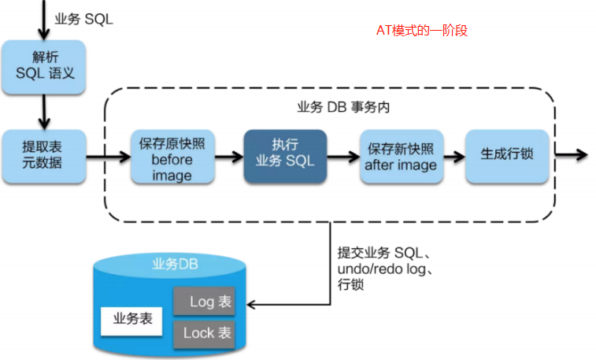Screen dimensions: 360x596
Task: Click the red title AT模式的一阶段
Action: [421, 31]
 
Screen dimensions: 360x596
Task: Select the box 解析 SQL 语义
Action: [43, 67]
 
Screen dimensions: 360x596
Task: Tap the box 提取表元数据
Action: [43, 154]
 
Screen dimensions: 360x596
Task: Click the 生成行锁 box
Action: [506, 153]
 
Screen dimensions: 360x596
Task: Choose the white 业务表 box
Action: [131, 320]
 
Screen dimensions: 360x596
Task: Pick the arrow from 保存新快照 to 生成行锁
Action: [453, 154]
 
